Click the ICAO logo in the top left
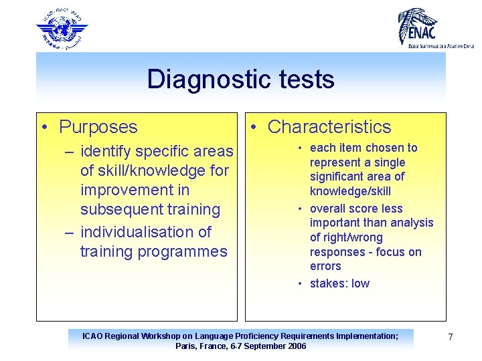pyautogui.click(x=62, y=28)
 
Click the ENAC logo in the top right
pyautogui.click(x=436, y=27)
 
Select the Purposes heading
pyautogui.click(x=98, y=127)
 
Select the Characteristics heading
pyautogui.click(x=329, y=127)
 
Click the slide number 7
pyautogui.click(x=451, y=337)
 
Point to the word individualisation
pyautogui.click(x=145, y=232)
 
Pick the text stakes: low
pyautogui.click(x=339, y=283)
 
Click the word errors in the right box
pyautogui.click(x=325, y=266)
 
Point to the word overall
pyautogui.click(x=328, y=209)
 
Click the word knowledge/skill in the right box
pyautogui.click(x=350, y=191)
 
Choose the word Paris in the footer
pyautogui.click(x=187, y=346)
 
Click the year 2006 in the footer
pyautogui.click(x=295, y=346)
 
